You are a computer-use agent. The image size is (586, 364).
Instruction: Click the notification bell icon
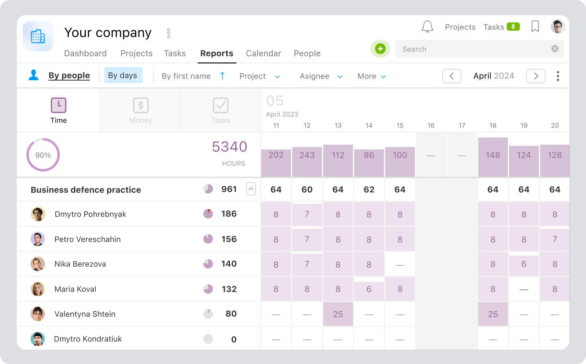(x=427, y=27)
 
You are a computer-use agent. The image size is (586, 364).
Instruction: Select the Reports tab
(x=216, y=53)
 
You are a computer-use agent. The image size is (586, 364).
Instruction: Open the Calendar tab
(x=263, y=53)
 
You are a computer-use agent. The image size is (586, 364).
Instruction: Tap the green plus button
(x=380, y=49)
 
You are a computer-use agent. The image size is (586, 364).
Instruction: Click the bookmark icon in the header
(x=535, y=27)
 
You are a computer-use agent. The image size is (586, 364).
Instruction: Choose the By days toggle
(x=123, y=75)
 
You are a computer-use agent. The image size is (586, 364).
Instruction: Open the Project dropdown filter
(x=259, y=76)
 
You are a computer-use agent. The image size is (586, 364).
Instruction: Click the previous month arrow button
(x=452, y=76)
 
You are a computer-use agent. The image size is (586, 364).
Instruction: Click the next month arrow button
(x=536, y=76)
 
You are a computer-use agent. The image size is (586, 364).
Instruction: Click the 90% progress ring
(x=43, y=155)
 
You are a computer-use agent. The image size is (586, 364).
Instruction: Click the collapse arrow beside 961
(x=251, y=189)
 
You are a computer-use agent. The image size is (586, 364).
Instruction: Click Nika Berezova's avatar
(x=38, y=264)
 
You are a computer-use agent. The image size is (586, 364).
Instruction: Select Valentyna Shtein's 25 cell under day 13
(x=338, y=314)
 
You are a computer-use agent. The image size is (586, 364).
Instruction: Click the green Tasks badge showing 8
(x=513, y=27)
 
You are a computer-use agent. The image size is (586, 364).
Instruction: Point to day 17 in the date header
(x=462, y=125)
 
